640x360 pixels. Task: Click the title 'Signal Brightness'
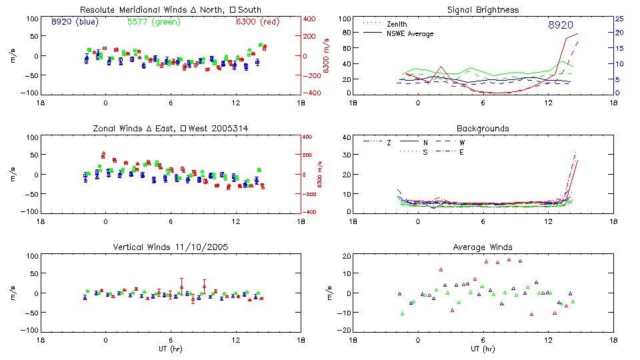coord(483,10)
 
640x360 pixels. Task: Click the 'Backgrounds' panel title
coord(483,128)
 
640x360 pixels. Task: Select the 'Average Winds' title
coord(483,247)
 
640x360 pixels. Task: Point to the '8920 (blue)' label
coord(75,21)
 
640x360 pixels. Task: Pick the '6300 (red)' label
coord(256,21)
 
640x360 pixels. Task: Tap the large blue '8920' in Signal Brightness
coord(561,25)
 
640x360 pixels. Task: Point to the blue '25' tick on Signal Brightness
coord(619,19)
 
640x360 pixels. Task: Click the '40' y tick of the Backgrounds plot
coord(346,137)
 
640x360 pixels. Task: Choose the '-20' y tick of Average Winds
coord(344,331)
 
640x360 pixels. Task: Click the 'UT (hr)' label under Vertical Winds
coord(171,349)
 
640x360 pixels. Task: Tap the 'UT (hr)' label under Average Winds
coord(483,349)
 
